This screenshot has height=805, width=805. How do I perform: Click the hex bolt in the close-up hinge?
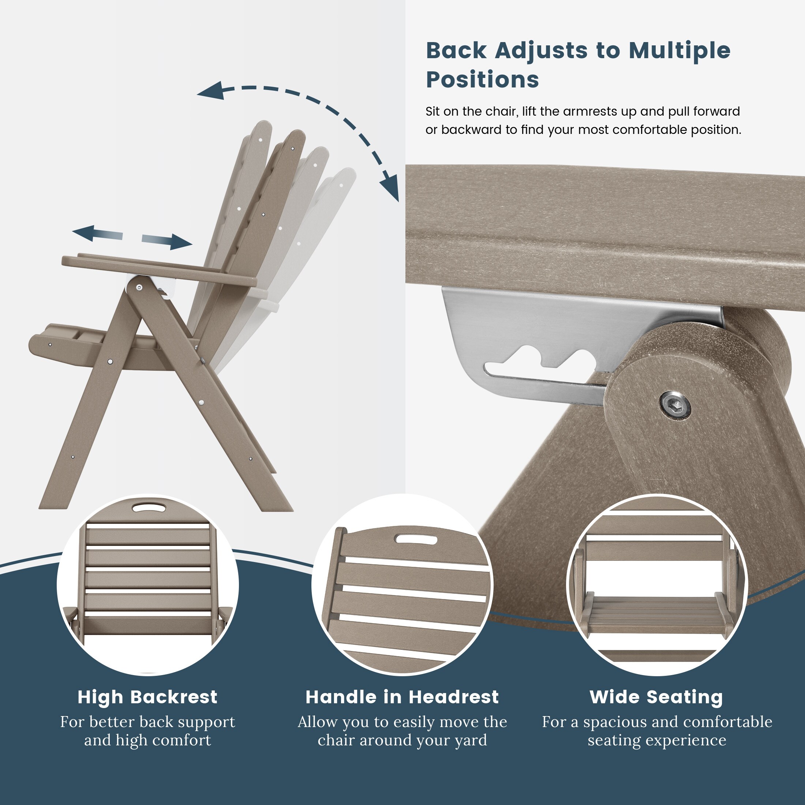(x=675, y=404)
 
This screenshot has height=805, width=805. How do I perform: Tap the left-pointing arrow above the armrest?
(x=97, y=233)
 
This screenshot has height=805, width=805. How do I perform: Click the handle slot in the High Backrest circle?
(x=149, y=507)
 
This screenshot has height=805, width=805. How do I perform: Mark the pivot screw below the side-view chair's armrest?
(x=139, y=287)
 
